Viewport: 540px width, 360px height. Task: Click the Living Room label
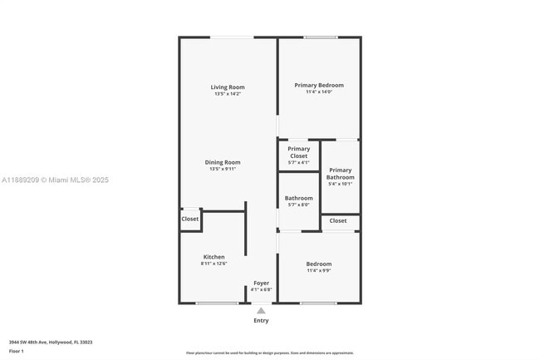click(227, 87)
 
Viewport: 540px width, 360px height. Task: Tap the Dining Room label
click(223, 162)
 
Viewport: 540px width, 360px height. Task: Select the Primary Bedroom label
click(319, 85)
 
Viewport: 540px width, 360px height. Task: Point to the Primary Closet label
click(298, 152)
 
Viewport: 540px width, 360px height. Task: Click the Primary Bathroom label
click(340, 174)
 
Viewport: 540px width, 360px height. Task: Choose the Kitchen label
click(214, 257)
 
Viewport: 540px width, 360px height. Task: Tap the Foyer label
click(261, 283)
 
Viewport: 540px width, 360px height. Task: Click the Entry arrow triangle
click(261, 310)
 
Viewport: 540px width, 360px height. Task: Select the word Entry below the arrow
click(261, 320)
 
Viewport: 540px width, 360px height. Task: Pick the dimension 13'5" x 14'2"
click(227, 94)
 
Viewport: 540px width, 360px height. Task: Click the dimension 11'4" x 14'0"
click(319, 91)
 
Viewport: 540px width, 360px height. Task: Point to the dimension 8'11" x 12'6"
click(214, 264)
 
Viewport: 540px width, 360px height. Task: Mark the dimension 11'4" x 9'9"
click(319, 270)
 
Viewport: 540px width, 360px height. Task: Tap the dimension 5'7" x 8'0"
click(298, 205)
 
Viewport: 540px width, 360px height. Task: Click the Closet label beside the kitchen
click(190, 219)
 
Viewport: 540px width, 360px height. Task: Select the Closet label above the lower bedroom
click(338, 220)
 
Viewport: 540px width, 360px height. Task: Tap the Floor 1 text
click(17, 351)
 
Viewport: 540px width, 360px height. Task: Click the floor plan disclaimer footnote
click(269, 353)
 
